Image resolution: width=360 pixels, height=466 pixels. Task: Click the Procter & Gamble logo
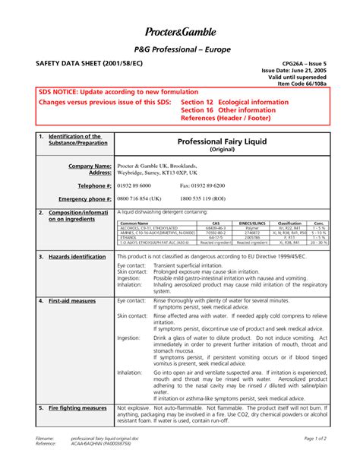click(180, 32)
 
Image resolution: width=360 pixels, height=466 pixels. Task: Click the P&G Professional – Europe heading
click(180, 49)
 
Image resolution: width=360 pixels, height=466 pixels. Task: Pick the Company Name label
click(90, 165)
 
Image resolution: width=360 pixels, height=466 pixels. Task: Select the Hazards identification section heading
click(77, 257)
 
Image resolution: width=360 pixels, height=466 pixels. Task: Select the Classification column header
click(289, 223)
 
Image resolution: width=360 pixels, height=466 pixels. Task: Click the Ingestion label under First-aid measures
click(129, 337)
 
